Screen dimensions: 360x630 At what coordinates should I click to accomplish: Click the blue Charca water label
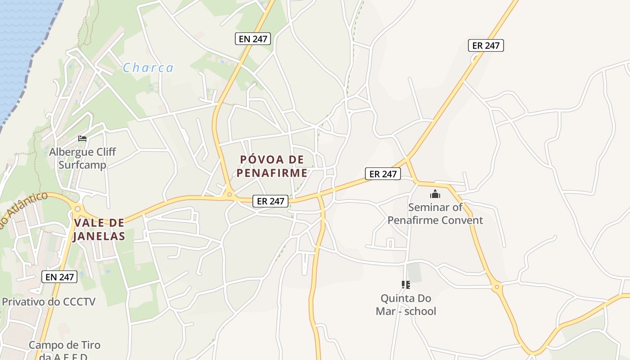pyautogui.click(x=148, y=68)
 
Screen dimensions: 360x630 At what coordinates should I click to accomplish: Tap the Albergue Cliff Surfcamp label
pyautogui.click(x=82, y=158)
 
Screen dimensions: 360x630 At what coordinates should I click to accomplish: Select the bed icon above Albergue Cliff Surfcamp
pyautogui.click(x=82, y=138)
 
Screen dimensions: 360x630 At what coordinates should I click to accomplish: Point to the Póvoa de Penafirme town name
pyautogui.click(x=272, y=166)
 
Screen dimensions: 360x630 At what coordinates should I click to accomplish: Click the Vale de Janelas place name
pyautogui.click(x=99, y=229)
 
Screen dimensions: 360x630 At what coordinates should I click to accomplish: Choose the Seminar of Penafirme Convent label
pyautogui.click(x=435, y=214)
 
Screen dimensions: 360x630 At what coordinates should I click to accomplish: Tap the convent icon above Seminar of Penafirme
pyautogui.click(x=435, y=194)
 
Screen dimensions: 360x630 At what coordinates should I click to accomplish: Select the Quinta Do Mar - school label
pyautogui.click(x=406, y=305)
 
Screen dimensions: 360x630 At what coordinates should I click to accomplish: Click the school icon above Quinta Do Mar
pyautogui.click(x=406, y=284)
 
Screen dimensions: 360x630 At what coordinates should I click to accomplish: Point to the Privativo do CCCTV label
pyautogui.click(x=49, y=301)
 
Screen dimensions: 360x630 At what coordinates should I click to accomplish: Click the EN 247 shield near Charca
pyautogui.click(x=253, y=39)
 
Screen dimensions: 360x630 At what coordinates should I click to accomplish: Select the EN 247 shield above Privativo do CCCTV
pyautogui.click(x=60, y=277)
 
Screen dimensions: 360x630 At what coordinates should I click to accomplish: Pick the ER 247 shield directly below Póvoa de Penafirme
pyautogui.click(x=270, y=201)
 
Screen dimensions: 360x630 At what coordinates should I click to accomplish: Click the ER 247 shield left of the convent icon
pyautogui.click(x=383, y=174)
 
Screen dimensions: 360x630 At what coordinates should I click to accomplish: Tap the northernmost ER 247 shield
pyautogui.click(x=486, y=45)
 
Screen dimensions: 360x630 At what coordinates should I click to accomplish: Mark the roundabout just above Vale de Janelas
pyautogui.click(x=78, y=209)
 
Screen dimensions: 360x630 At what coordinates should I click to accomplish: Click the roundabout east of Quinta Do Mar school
pyautogui.click(x=497, y=286)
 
